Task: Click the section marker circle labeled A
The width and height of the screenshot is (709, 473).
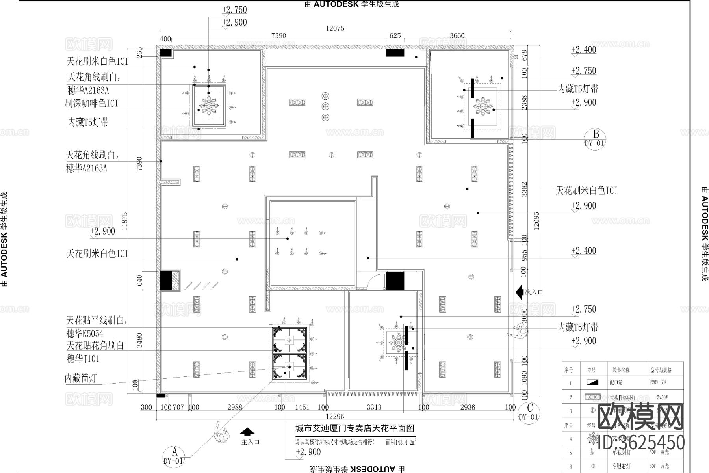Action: (173, 455)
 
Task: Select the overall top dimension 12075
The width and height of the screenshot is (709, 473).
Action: (335, 28)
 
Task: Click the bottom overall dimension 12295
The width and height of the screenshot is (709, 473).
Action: (334, 416)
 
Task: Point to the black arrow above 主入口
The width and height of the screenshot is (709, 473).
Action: (247, 432)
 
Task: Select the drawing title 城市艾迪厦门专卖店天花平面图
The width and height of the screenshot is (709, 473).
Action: (355, 428)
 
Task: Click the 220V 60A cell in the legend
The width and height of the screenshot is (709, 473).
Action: (659, 382)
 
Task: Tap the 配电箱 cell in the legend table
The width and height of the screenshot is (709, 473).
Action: (617, 382)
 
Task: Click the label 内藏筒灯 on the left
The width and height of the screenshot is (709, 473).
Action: (80, 378)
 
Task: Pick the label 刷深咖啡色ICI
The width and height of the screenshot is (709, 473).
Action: (91, 103)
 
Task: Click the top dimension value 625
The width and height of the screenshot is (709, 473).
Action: (395, 36)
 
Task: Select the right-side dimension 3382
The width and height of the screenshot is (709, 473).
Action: (524, 189)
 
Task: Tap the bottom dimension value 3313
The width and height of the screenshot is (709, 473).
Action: (373, 407)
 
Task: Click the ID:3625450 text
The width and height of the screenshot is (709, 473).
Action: (641, 442)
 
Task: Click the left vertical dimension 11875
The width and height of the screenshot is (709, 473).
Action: (125, 221)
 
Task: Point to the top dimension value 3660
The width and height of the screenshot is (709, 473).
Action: (457, 36)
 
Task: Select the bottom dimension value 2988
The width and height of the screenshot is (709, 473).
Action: (235, 407)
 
